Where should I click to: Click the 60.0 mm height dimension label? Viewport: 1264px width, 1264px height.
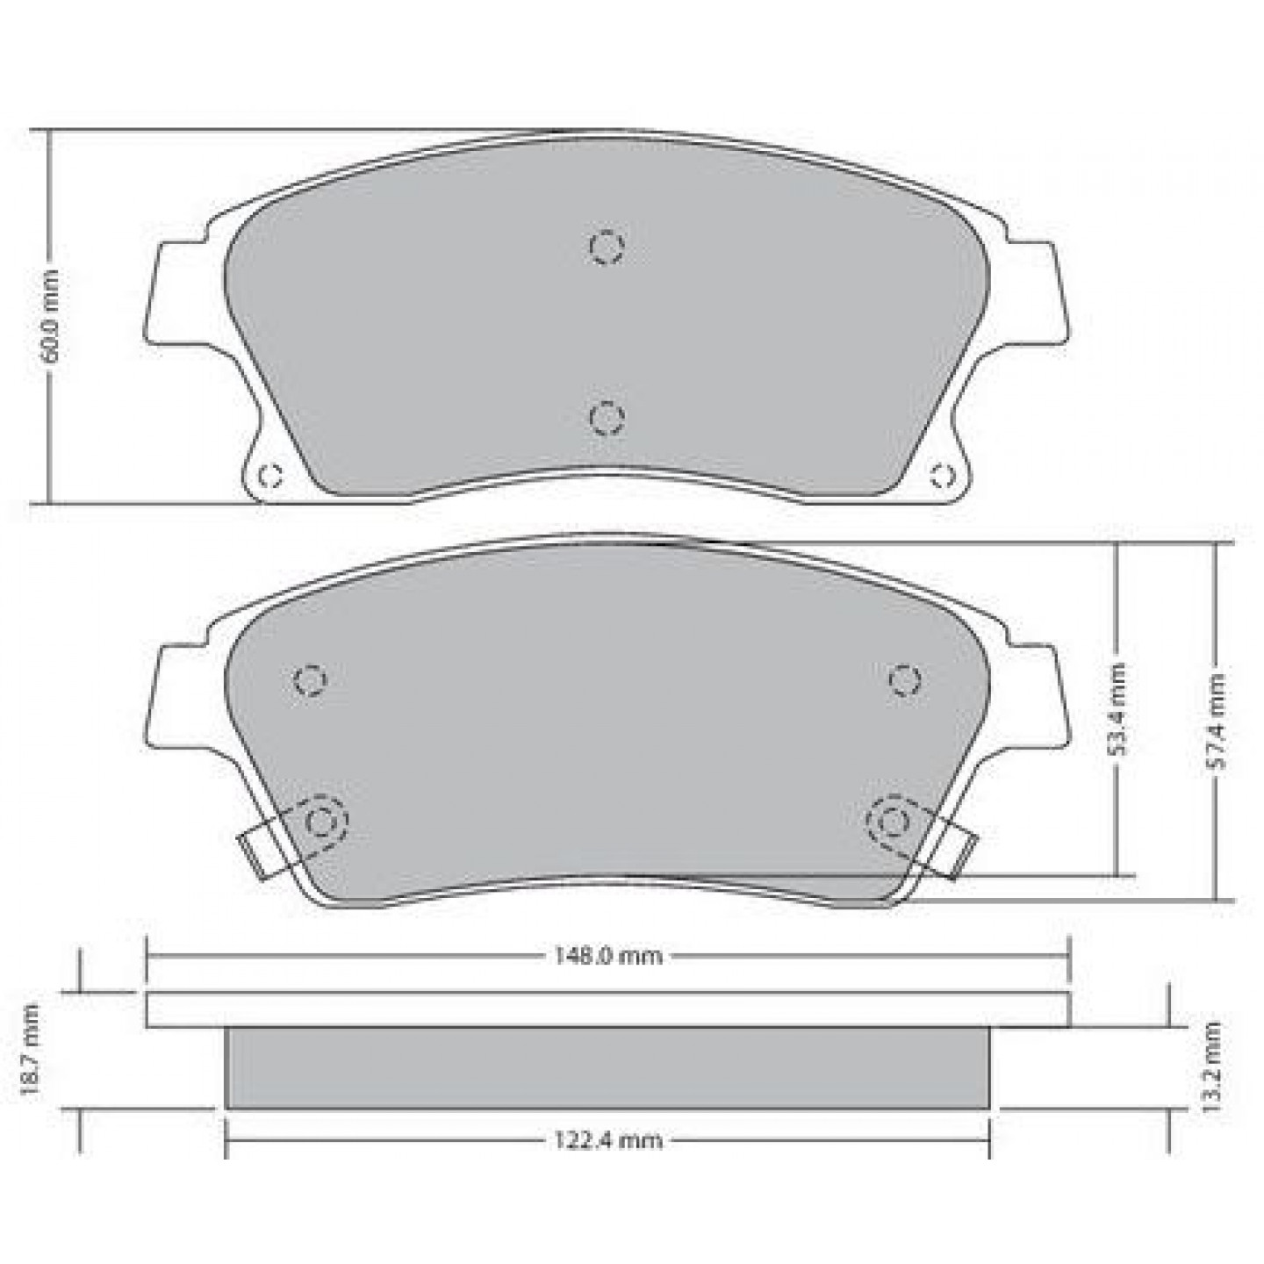(x=50, y=315)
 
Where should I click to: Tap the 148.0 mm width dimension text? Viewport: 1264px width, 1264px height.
(x=607, y=956)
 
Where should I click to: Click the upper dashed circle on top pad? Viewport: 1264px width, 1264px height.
(x=606, y=248)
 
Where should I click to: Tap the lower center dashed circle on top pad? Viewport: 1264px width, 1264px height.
(x=607, y=417)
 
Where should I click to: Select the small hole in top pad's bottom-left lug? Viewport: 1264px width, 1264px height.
(x=269, y=475)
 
